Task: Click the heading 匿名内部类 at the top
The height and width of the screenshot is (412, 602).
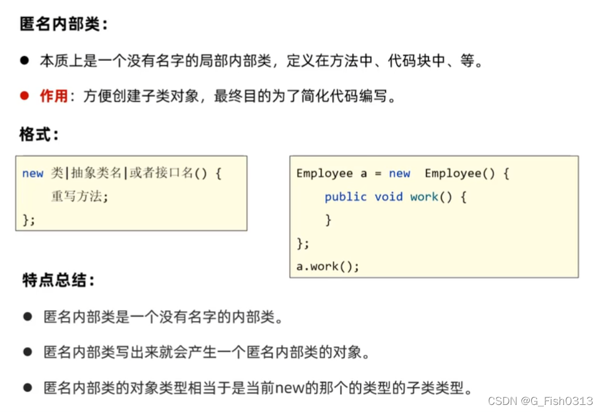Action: click(64, 25)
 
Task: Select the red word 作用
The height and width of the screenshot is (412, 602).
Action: click(54, 96)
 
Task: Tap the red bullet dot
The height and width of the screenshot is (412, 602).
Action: click(24, 95)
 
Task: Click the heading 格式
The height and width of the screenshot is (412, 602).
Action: click(39, 134)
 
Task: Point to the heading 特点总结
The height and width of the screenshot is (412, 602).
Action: click(58, 280)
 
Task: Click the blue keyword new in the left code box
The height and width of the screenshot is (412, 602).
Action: click(33, 173)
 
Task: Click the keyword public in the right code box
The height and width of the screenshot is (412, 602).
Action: click(345, 197)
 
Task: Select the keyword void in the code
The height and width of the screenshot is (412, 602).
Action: click(388, 197)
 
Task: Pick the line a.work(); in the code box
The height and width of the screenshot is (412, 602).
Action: click(327, 266)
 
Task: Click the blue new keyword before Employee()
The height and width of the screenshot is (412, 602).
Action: click(400, 173)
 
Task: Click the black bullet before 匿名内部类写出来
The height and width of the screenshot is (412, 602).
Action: click(27, 352)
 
